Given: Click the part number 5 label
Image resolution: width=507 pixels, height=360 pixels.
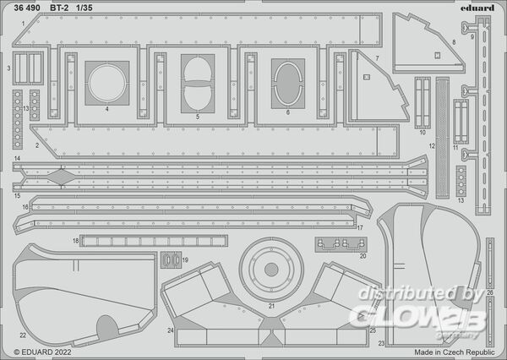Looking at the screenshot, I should pyautogui.click(x=198, y=116).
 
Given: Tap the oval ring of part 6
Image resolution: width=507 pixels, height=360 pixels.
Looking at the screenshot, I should pyautogui.click(x=287, y=84).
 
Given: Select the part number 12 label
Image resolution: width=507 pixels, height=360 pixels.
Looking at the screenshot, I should pyautogui.click(x=431, y=146).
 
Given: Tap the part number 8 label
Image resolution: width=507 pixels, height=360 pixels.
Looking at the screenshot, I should pyautogui.click(x=453, y=41).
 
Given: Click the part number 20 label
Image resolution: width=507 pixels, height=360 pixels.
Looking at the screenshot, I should pyautogui.click(x=363, y=255).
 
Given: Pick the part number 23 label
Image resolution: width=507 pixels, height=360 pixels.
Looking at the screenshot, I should pyautogui.click(x=380, y=343).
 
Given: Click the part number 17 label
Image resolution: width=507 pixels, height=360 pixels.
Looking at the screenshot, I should pyautogui.click(x=359, y=226).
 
